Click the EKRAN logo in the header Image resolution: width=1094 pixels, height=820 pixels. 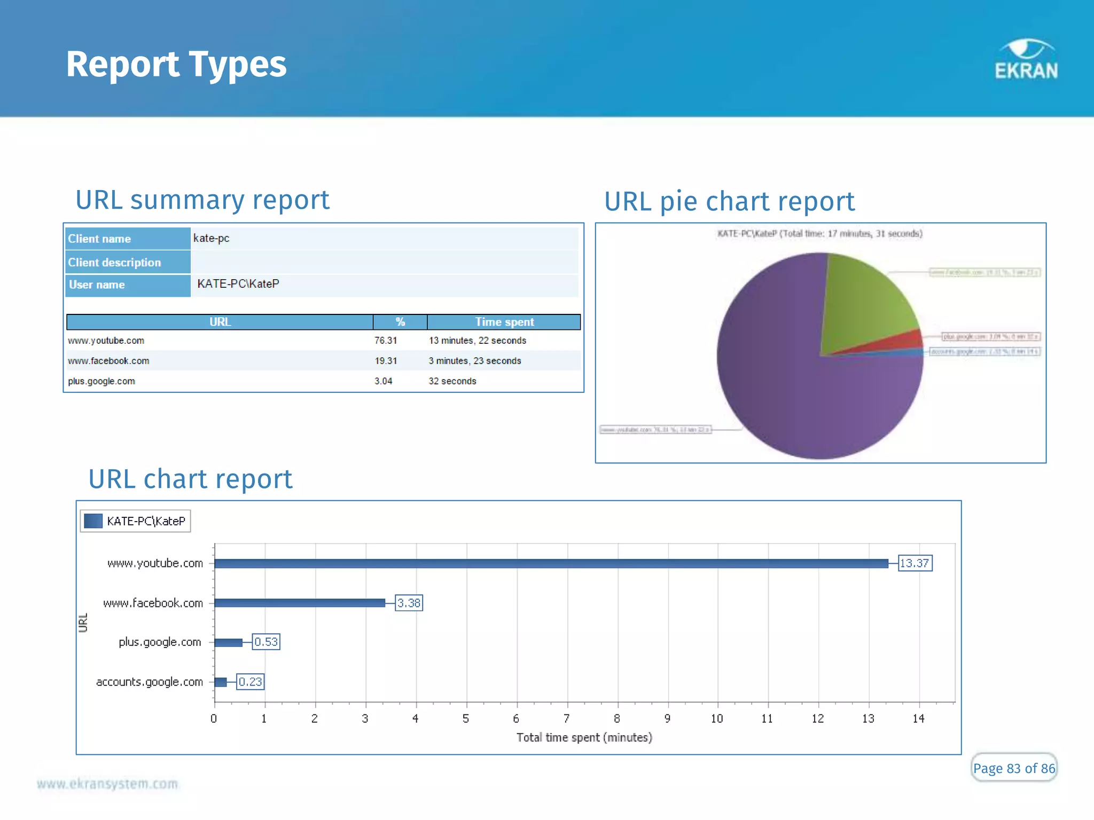click(x=1026, y=60)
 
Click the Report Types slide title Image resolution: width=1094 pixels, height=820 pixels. click(x=176, y=64)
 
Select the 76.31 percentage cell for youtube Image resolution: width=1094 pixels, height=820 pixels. click(x=385, y=341)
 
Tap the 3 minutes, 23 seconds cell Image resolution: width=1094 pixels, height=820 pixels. click(x=474, y=361)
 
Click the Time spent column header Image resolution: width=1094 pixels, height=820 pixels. click(x=504, y=322)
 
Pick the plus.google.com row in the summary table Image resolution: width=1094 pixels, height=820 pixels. click(x=101, y=381)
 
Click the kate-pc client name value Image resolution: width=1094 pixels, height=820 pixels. click(x=212, y=238)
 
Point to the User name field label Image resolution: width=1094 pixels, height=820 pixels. click(x=97, y=285)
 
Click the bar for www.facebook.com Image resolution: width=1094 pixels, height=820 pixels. click(x=299, y=603)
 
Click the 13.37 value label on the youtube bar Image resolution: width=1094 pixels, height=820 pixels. click(x=915, y=563)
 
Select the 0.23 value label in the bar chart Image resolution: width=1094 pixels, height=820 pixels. click(x=250, y=682)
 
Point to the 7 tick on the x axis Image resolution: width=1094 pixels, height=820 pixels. click(x=567, y=719)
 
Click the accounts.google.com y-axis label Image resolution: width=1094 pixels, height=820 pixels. click(x=150, y=682)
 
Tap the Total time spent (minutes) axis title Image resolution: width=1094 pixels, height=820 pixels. click(x=584, y=737)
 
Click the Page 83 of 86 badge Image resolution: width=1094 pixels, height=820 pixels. click(x=1013, y=768)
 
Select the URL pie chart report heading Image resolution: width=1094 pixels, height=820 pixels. click(x=729, y=202)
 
